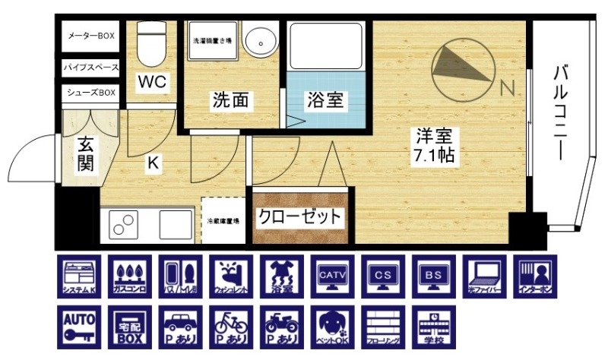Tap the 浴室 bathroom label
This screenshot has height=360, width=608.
(325, 99)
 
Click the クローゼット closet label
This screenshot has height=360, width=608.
(299, 216)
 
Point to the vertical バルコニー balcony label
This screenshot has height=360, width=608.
(562, 114)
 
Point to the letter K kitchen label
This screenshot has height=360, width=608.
(153, 161)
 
